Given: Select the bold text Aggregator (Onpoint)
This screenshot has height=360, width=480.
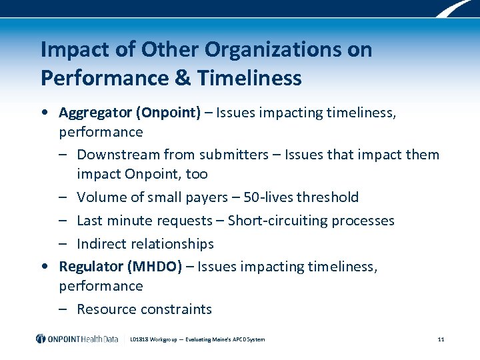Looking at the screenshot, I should click(x=129, y=113).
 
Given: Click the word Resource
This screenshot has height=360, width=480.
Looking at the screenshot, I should click(x=106, y=309).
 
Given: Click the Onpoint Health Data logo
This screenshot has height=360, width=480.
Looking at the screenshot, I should click(x=77, y=339).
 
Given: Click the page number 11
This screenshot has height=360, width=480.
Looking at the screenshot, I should click(x=441, y=339).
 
